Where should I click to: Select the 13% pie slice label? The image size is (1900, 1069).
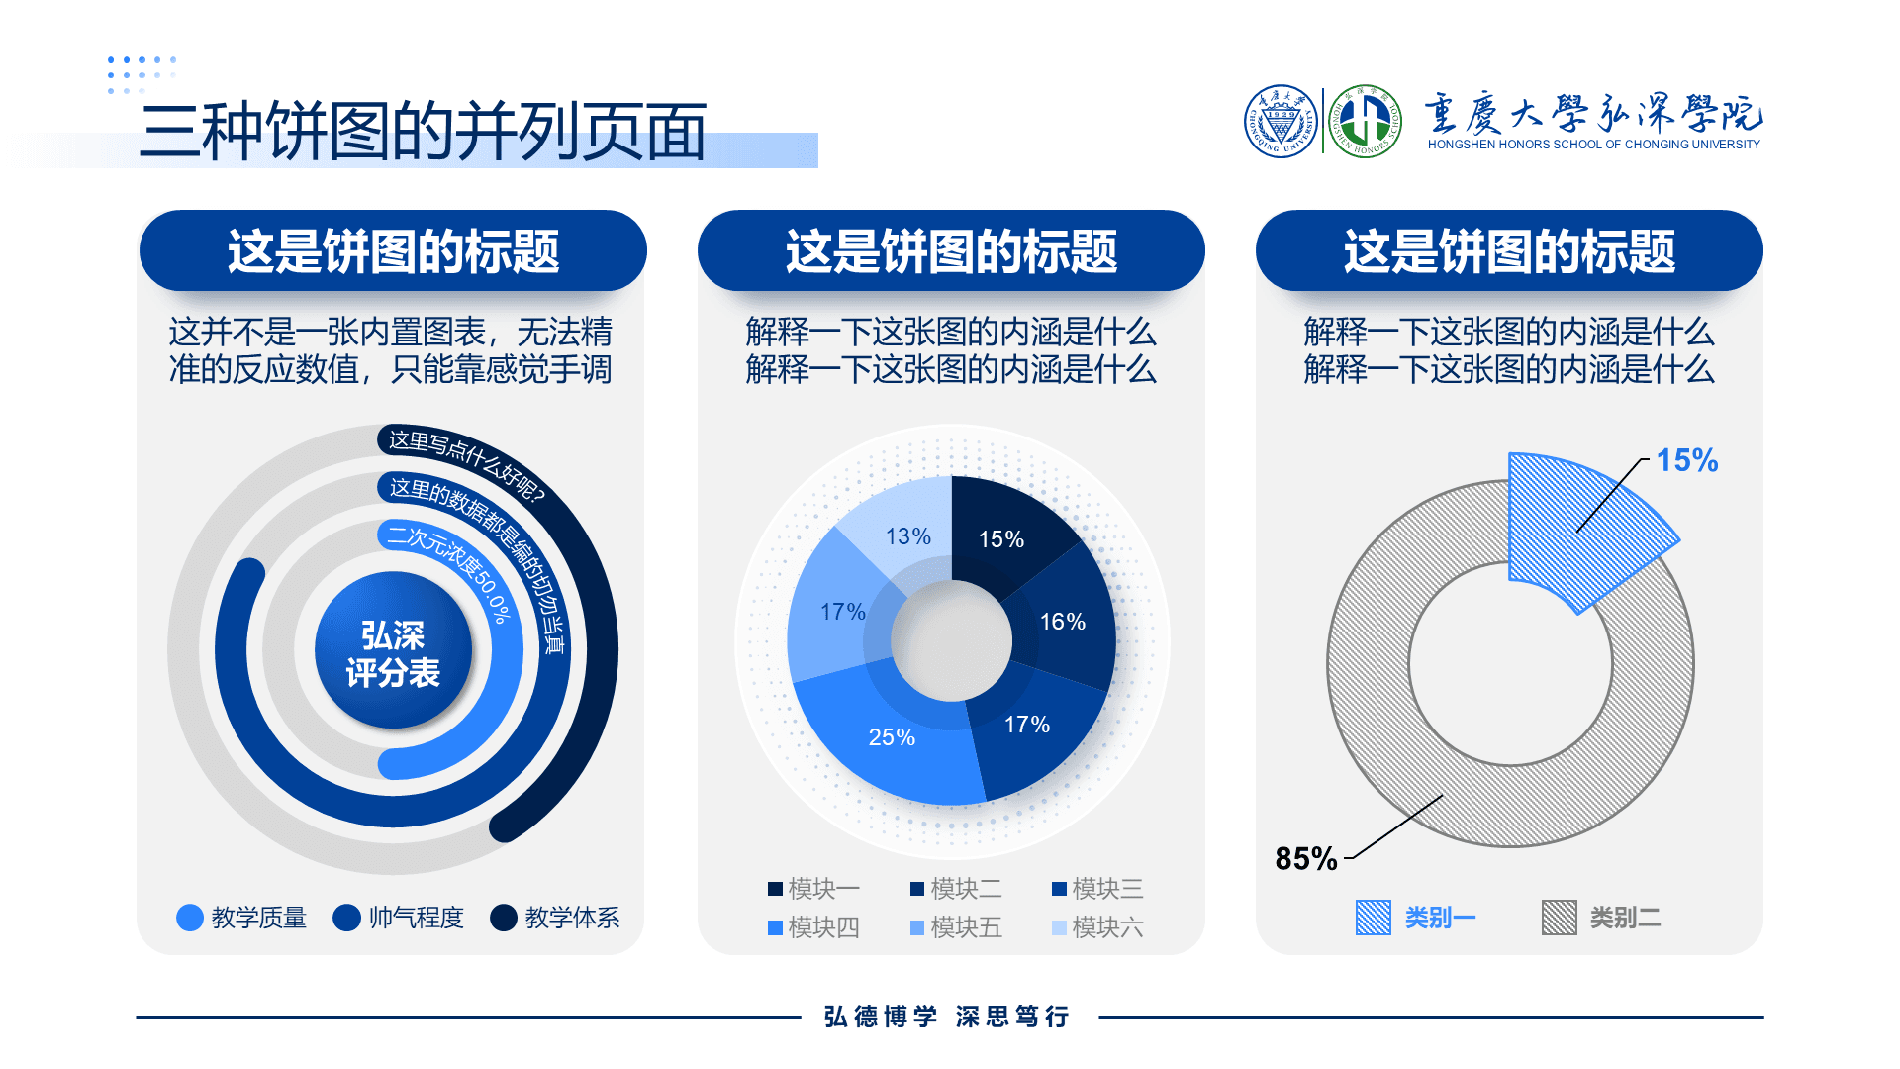[907, 536]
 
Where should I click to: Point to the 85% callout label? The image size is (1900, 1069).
[1305, 858]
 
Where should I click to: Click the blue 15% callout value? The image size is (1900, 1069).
[1687, 460]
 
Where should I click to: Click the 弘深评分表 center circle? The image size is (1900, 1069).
[393, 650]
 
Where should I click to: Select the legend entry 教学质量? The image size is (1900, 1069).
[241, 918]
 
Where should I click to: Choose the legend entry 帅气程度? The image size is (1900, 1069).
[399, 918]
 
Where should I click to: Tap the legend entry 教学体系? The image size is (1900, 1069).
[555, 918]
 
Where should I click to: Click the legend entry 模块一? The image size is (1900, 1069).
[813, 889]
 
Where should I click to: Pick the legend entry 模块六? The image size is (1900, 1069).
[1097, 927]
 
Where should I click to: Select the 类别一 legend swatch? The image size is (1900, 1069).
[1374, 918]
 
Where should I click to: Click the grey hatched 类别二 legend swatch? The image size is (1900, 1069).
[1560, 918]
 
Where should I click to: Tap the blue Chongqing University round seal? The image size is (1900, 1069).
[1281, 121]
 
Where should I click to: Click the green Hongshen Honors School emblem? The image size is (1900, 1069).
[1365, 121]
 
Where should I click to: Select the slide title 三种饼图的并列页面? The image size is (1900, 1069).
[424, 132]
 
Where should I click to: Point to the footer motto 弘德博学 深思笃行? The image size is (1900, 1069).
[947, 1017]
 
